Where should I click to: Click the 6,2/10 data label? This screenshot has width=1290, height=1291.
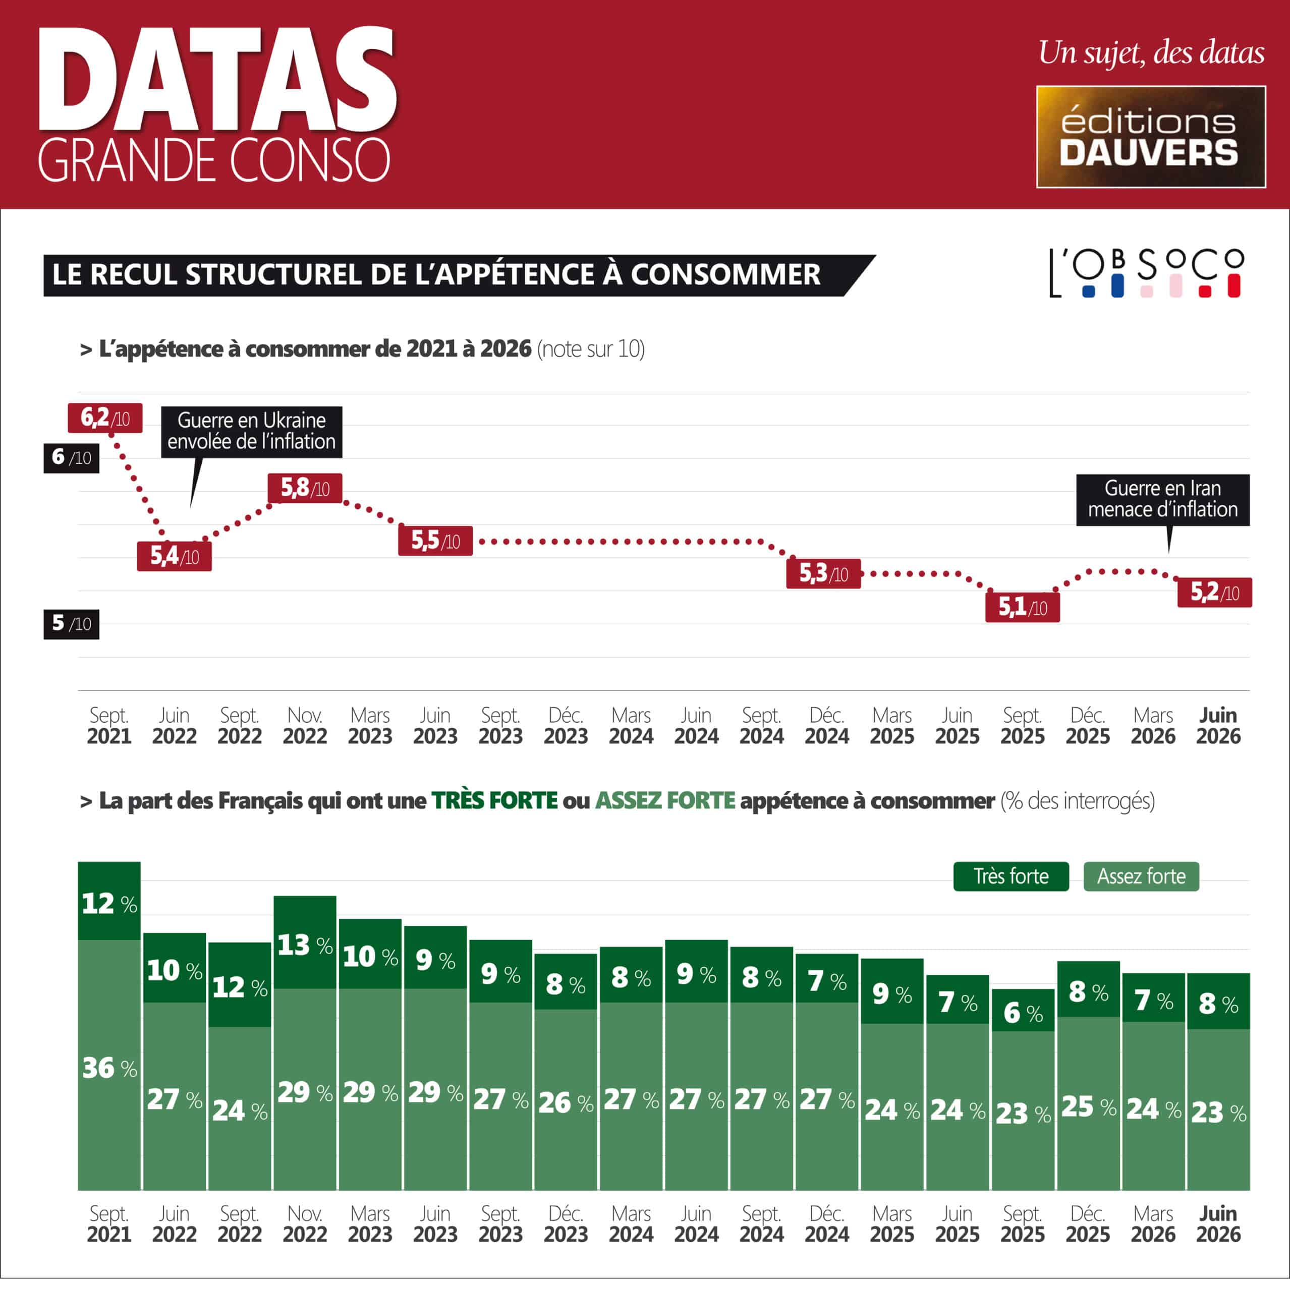point(105,418)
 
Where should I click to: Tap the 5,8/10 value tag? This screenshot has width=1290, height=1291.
point(305,489)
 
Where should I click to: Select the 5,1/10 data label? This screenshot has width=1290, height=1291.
point(1022,607)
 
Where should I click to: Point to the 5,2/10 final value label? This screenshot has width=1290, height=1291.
point(1214,593)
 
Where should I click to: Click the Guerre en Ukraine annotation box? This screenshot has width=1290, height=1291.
point(251,432)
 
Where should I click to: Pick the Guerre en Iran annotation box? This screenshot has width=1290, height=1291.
point(1162,500)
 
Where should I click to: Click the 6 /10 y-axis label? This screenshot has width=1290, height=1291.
point(72,458)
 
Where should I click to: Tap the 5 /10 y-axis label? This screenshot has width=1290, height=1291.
point(72,624)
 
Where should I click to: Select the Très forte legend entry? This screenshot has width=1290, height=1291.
point(1011,876)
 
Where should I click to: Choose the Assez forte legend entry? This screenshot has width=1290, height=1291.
point(1141,876)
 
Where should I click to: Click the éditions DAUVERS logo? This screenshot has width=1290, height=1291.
point(1151,137)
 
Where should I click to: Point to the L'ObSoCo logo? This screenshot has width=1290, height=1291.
point(1146,273)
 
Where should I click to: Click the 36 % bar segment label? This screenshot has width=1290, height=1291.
point(109,1068)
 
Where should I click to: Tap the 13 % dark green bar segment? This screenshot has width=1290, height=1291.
point(305,942)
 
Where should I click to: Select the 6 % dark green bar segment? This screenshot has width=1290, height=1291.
point(1023,1010)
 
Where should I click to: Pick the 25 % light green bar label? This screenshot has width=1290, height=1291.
point(1088,1106)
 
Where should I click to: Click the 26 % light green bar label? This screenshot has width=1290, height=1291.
point(566,1102)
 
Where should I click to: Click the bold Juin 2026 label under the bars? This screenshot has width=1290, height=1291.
point(1218,1224)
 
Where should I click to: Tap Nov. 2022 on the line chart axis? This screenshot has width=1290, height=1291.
point(305,726)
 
